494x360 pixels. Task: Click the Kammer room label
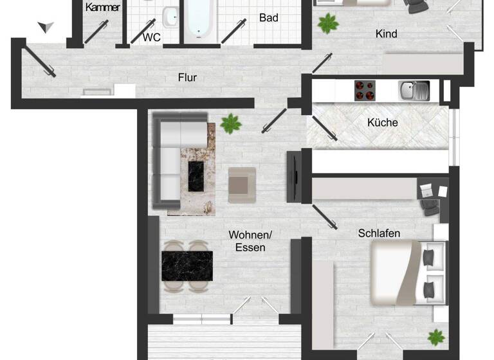(102, 7)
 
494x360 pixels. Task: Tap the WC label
(152, 37)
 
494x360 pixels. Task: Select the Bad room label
(269, 18)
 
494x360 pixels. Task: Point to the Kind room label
(386, 33)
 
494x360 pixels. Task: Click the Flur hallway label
(187, 78)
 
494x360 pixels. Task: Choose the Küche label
(383, 122)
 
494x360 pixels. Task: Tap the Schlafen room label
(379, 233)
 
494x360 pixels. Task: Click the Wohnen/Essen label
(246, 241)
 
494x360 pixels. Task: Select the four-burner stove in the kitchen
(365, 90)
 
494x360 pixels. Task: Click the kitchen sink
(414, 90)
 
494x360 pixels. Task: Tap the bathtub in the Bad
(201, 19)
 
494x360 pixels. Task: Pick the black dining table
(187, 265)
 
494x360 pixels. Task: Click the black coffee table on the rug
(196, 176)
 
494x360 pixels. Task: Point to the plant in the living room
(230, 123)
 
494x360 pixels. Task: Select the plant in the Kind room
(328, 24)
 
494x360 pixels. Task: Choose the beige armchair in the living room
(242, 181)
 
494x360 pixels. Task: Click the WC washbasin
(170, 17)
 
